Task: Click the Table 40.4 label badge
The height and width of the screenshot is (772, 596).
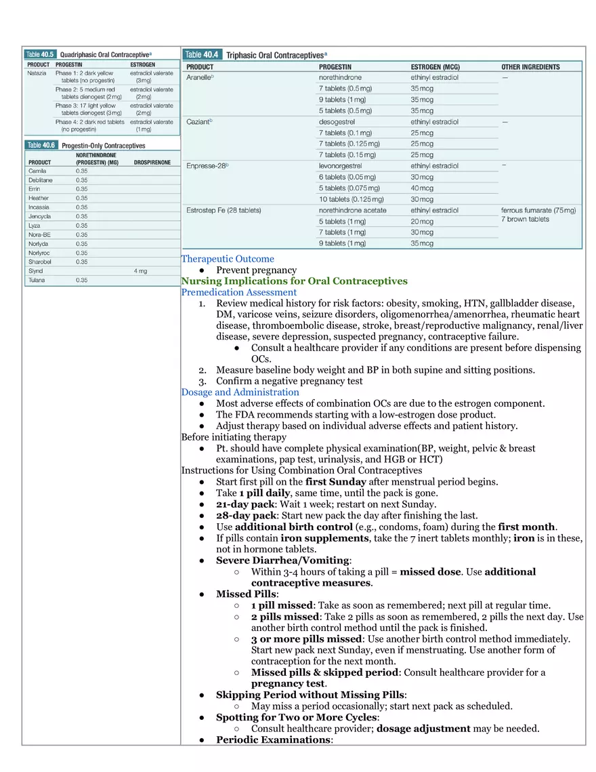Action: click(x=202, y=54)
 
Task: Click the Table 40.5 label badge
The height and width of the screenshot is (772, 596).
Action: click(x=41, y=54)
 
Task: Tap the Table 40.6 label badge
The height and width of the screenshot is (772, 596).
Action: click(x=42, y=145)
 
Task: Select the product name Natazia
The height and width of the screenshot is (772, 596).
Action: click(x=37, y=73)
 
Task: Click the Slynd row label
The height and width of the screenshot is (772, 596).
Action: click(x=35, y=270)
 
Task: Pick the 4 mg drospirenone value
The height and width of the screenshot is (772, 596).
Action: click(x=140, y=270)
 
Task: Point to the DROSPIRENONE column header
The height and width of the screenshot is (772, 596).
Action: click(x=152, y=163)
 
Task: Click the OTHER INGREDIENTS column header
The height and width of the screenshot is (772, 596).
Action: click(x=530, y=67)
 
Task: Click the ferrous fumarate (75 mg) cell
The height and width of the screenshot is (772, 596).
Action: click(x=538, y=210)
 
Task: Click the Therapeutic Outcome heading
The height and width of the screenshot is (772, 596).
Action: click(x=228, y=259)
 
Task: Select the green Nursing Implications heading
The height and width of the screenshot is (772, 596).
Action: click(x=294, y=281)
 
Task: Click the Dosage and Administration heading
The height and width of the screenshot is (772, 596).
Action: click(x=240, y=392)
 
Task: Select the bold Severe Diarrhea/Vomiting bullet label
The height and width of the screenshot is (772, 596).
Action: click(x=282, y=561)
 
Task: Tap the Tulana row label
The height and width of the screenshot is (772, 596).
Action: click(x=37, y=280)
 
